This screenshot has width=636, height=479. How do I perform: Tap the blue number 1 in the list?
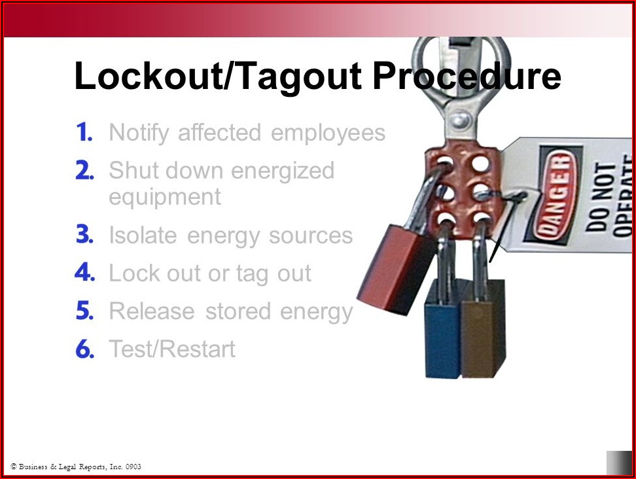85,132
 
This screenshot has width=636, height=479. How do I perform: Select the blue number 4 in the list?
84,273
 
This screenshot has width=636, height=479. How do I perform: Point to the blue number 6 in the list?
85,349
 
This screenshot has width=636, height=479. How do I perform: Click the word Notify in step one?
139,133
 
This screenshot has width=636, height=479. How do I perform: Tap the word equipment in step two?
165,198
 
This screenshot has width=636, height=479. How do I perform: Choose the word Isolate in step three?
143,235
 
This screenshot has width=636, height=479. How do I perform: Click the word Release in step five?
152,311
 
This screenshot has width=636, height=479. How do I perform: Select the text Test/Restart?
172,349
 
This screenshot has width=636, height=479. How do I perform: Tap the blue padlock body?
443,329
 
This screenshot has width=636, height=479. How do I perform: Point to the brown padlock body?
484,329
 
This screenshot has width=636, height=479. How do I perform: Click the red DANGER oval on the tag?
555,195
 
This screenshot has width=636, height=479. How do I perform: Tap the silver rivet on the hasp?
461,120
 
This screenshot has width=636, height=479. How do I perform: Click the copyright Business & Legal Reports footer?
76,467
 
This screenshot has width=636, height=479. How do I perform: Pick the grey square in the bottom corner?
619,463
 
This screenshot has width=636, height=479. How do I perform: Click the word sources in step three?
311,236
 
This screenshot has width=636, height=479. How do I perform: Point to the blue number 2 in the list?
85,170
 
